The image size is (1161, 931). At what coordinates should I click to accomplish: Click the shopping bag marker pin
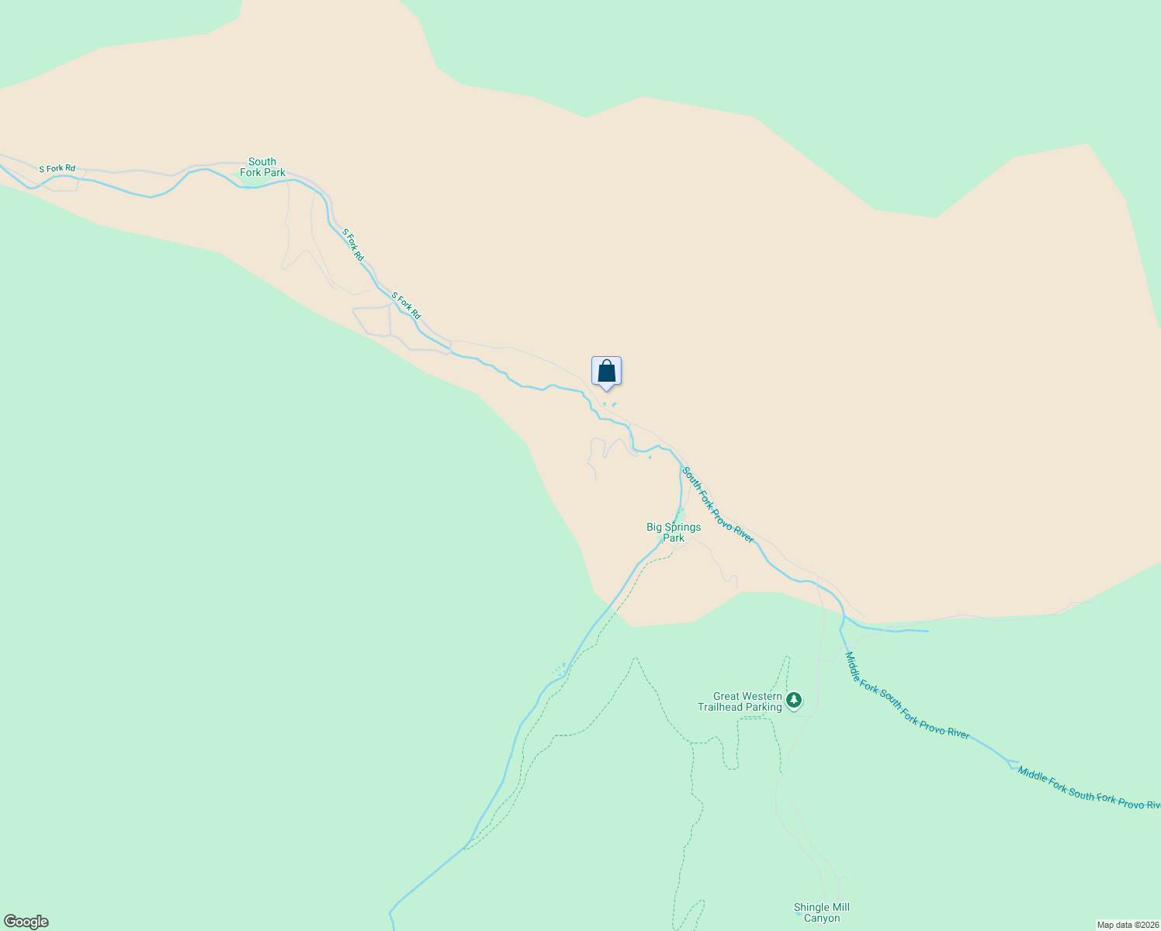(x=606, y=372)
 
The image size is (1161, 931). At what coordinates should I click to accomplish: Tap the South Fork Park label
(x=262, y=168)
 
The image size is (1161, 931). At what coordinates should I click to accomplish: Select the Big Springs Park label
(x=674, y=532)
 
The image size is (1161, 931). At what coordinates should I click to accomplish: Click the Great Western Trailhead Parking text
(x=740, y=702)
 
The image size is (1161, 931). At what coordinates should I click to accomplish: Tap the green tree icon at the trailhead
(x=793, y=701)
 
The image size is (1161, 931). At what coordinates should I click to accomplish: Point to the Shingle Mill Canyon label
(x=822, y=913)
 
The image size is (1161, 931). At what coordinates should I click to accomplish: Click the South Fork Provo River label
(x=718, y=504)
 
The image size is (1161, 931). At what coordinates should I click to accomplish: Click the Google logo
(x=26, y=922)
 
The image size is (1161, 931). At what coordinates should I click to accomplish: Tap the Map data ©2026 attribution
(x=1127, y=925)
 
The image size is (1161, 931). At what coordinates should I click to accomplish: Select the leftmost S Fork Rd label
(x=57, y=168)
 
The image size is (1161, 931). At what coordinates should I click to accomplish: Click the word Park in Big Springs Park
(x=674, y=538)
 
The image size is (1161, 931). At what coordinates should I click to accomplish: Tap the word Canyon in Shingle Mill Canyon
(x=822, y=919)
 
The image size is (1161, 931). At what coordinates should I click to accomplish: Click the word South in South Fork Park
(x=262, y=162)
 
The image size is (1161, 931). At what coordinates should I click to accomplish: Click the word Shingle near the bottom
(x=811, y=908)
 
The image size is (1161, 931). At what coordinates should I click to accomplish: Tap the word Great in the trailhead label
(x=726, y=697)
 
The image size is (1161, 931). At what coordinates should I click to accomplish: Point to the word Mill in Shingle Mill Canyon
(x=840, y=908)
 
